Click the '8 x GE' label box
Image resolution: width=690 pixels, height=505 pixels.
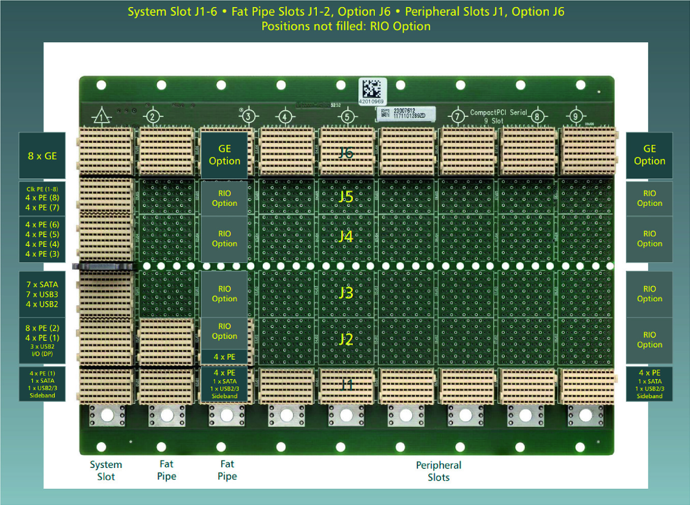pyautogui.click(x=42, y=156)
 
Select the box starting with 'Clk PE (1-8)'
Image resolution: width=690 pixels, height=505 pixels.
pyautogui.click(x=42, y=198)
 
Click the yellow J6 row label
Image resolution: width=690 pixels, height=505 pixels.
pyautogui.click(x=346, y=153)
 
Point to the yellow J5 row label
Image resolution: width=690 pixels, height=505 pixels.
pyautogui.click(x=346, y=197)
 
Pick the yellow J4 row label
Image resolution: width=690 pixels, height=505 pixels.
pyautogui.click(x=346, y=236)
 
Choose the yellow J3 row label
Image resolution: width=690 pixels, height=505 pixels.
pyautogui.click(x=346, y=293)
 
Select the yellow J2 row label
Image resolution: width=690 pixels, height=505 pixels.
pyautogui.click(x=346, y=339)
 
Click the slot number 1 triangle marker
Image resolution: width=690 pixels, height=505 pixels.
pyautogui.click(x=102, y=117)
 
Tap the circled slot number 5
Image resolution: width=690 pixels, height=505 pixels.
pyautogui.click(x=347, y=116)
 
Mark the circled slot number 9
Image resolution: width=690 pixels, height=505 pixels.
pyautogui.click(x=576, y=116)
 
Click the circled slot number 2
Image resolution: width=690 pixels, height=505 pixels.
pyautogui.click(x=152, y=116)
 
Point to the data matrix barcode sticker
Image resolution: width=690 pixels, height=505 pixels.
pyautogui.click(x=372, y=91)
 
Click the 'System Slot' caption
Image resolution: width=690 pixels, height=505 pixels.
pyautogui.click(x=106, y=470)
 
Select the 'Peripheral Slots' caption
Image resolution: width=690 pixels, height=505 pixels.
pyautogui.click(x=438, y=471)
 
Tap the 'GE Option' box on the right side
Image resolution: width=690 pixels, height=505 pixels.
pyautogui.click(x=649, y=155)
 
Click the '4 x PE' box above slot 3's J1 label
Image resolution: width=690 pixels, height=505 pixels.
pyautogui.click(x=224, y=357)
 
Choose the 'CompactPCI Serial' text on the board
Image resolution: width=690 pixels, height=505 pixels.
pyautogui.click(x=498, y=113)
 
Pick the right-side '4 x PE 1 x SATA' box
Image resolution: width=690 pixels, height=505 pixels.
pyautogui.click(x=649, y=384)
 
